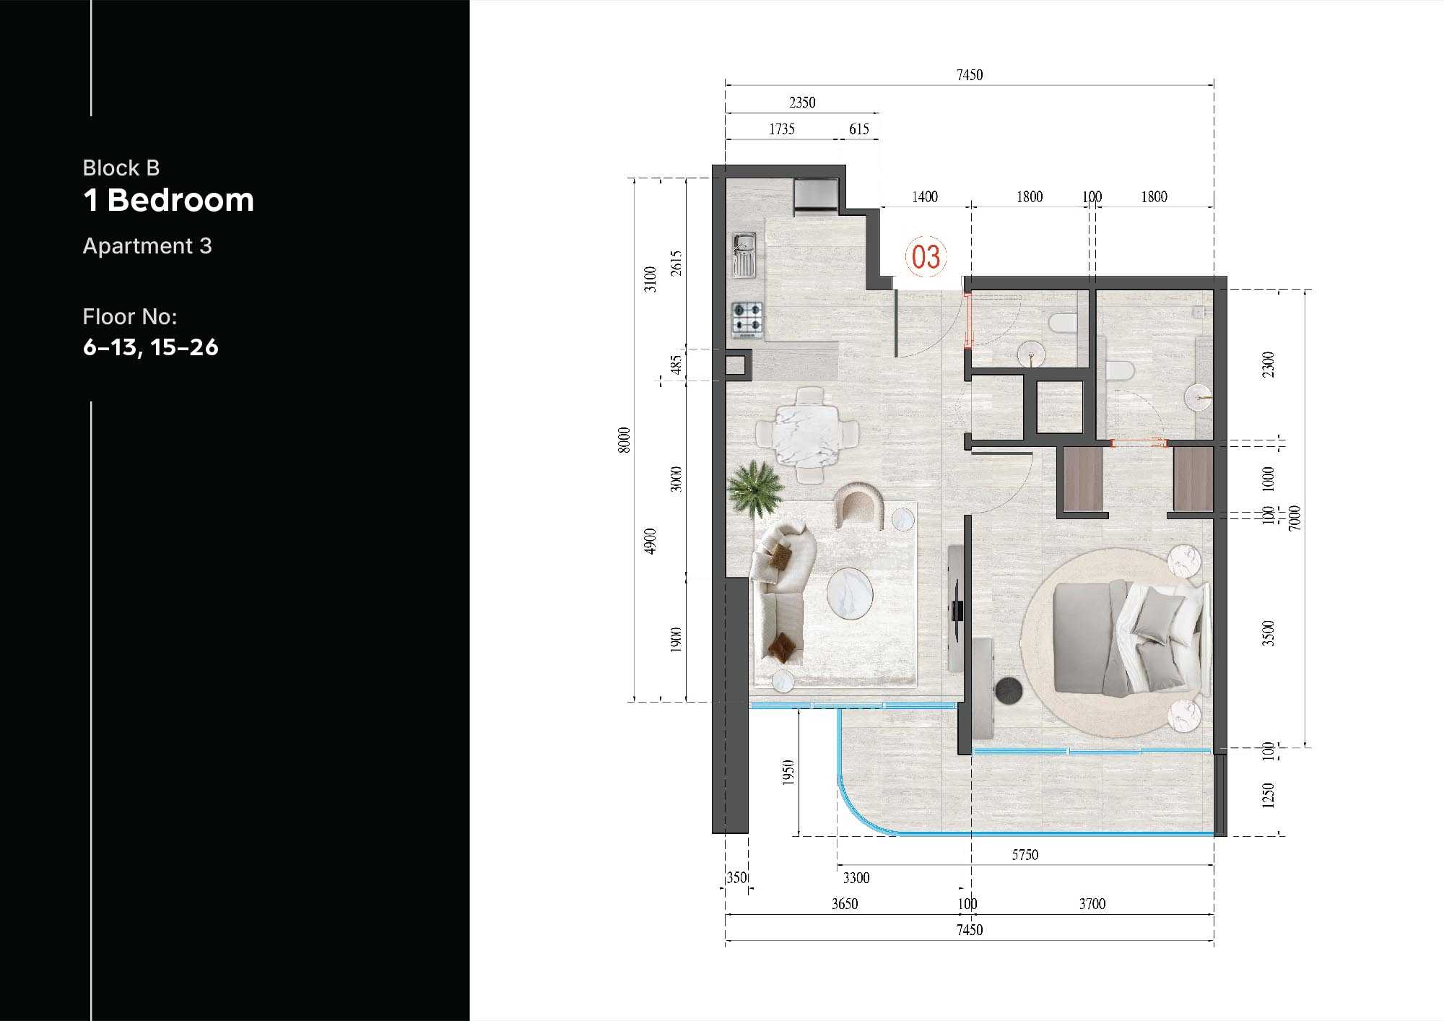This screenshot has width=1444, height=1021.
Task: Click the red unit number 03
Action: click(926, 257)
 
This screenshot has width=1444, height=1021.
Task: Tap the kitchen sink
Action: click(744, 255)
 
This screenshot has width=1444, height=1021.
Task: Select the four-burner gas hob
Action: click(747, 319)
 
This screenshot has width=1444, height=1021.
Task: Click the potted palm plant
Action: click(755, 489)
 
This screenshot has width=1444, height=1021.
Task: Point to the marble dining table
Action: click(807, 435)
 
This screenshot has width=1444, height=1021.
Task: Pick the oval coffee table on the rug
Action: click(850, 594)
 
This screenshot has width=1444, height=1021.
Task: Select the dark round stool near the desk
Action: click(1008, 690)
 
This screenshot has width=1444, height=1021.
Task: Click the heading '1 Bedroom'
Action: click(168, 200)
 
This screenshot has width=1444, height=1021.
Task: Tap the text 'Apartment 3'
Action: click(147, 246)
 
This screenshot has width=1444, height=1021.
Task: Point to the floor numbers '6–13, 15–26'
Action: click(150, 347)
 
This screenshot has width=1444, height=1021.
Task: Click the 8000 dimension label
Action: click(625, 440)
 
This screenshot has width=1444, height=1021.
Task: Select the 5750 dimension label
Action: click(1025, 855)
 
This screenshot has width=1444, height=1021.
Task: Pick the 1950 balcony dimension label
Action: click(788, 773)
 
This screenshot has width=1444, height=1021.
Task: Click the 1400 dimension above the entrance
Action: click(925, 197)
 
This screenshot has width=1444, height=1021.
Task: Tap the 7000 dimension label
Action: click(1295, 518)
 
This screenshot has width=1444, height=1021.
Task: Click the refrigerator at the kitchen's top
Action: click(816, 196)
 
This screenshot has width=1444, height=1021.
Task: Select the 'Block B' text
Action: click(121, 168)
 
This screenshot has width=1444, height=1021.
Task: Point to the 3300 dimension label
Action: click(856, 878)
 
